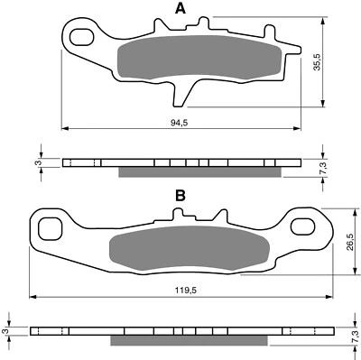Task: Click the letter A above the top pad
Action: pos(180,9)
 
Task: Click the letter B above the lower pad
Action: pos(180,195)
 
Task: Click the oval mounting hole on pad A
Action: pos(80,37)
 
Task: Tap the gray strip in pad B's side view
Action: pos(190,342)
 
